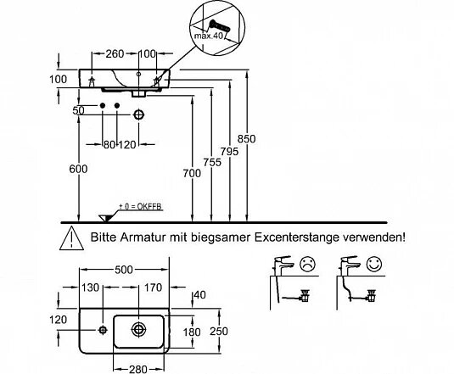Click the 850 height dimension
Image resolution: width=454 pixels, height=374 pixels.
(x=246, y=139)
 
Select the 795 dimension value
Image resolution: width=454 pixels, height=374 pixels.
(x=229, y=151)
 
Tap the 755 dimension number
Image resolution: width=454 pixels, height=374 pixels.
(x=212, y=162)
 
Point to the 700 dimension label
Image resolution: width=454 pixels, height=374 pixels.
(x=192, y=173)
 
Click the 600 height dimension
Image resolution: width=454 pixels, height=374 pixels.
(x=78, y=169)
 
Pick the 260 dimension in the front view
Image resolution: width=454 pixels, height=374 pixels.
(x=115, y=53)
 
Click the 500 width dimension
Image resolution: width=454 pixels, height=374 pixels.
(x=124, y=270)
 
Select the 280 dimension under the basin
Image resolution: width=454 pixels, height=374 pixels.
(x=138, y=369)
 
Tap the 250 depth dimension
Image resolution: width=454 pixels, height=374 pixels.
(x=219, y=332)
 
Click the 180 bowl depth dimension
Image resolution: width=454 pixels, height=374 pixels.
(x=192, y=332)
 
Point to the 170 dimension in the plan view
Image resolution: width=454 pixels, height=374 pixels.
(x=153, y=287)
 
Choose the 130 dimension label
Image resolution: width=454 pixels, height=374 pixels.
(x=90, y=287)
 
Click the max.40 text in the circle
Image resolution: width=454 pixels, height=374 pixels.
(x=209, y=36)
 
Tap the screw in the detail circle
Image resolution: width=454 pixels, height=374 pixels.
(x=220, y=25)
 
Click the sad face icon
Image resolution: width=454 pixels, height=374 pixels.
(x=307, y=265)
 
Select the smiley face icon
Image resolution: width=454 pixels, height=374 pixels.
(x=374, y=265)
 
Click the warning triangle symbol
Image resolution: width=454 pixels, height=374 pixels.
(x=71, y=238)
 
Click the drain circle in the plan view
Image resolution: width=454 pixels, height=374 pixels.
(x=138, y=329)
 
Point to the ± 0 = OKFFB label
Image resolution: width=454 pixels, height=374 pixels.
(x=140, y=207)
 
